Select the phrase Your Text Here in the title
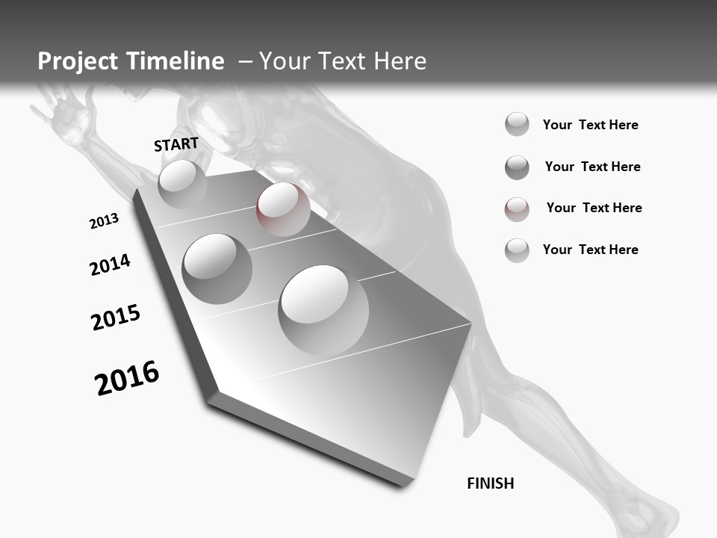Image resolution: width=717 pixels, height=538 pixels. click(343, 61)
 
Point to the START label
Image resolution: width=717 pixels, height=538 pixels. click(176, 144)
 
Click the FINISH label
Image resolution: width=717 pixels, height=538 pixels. click(491, 483)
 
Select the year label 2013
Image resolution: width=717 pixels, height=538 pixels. click(104, 221)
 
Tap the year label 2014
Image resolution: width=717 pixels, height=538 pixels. click(110, 265)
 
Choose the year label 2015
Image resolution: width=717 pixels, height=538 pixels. click(116, 318)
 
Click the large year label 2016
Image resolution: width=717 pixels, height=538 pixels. click(127, 378)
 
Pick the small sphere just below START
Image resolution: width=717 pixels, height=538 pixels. click(182, 184)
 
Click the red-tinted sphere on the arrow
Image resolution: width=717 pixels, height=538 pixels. click(283, 208)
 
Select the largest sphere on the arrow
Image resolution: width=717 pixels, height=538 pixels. click(323, 309)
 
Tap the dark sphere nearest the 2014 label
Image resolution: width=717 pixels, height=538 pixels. click(217, 268)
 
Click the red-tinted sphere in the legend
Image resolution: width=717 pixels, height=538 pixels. click(517, 209)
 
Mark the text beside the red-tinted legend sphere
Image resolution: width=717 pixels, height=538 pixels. click(594, 208)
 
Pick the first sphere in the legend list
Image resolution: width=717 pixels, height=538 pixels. click(517, 124)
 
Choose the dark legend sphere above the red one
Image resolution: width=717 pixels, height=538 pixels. click(517, 167)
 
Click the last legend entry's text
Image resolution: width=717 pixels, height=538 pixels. click(590, 250)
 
